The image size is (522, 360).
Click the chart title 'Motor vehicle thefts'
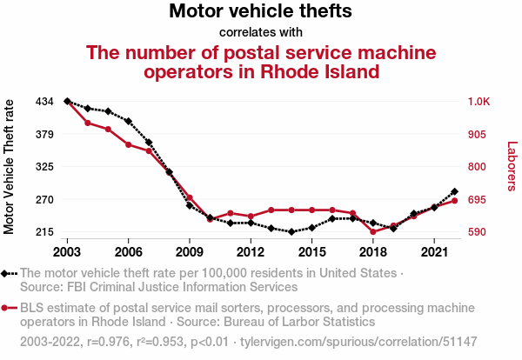click(x=260, y=12)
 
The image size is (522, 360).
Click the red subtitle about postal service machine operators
click(x=261, y=62)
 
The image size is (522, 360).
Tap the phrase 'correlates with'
click(x=260, y=33)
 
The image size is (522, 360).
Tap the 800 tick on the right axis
click(x=478, y=167)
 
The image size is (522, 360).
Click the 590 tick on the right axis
click(x=478, y=232)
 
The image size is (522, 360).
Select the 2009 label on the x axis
click(x=190, y=252)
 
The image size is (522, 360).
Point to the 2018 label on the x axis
click(x=373, y=252)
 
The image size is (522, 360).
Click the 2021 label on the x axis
click(x=434, y=252)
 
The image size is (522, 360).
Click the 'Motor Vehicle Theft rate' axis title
click(x=10, y=167)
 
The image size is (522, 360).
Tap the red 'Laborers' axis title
click(x=512, y=166)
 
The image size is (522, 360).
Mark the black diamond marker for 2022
click(x=455, y=191)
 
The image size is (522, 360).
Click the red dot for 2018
click(x=373, y=232)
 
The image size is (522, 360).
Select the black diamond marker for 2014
click(x=291, y=232)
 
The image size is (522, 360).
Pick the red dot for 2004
click(x=88, y=123)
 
